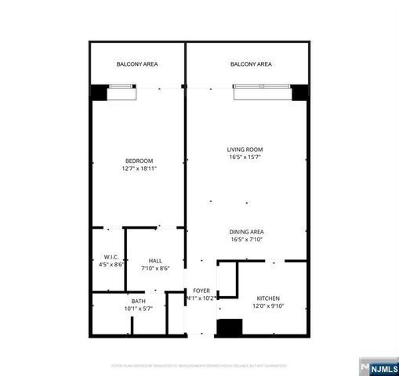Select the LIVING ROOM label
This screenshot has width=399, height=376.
[x=245, y=150]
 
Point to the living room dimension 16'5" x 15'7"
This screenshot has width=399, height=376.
[x=245, y=157]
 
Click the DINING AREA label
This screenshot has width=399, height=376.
[x=246, y=232]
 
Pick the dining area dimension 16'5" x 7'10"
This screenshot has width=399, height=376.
[x=246, y=239]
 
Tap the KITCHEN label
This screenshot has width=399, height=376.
[x=268, y=298]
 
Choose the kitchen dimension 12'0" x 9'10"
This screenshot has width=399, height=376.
[x=268, y=305]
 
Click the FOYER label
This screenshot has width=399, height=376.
[x=201, y=291]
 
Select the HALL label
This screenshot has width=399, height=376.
[x=155, y=261]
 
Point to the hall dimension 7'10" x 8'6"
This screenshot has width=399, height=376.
[x=155, y=268]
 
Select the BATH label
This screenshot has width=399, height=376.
[x=138, y=302]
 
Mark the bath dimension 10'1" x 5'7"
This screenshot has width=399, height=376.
[x=138, y=309]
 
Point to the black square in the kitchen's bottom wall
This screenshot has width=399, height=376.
[x=228, y=328]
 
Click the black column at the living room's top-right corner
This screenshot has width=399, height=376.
[x=299, y=91]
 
